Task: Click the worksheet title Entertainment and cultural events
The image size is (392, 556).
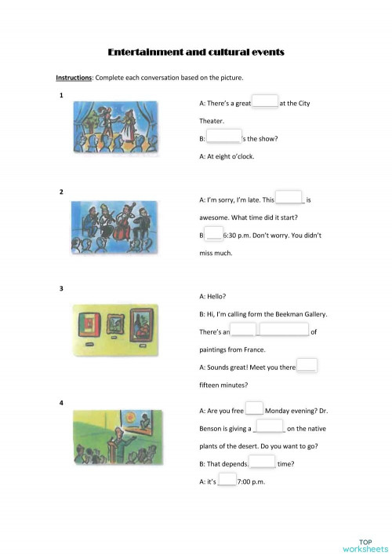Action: pos(195,53)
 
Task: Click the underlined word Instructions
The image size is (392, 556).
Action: pos(74,78)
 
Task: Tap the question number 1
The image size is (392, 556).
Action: pos(61,96)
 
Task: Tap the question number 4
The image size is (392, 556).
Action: pos(61,403)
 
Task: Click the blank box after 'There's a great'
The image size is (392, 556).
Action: pos(265,102)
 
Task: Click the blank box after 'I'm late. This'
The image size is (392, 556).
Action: pos(289,199)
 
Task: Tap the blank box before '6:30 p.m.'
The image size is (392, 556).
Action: pos(213,234)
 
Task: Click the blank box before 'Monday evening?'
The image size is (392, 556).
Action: pos(254,409)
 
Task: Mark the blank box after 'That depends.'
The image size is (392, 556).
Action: pos(262,463)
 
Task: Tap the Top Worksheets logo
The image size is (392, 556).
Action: pos(365,544)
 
